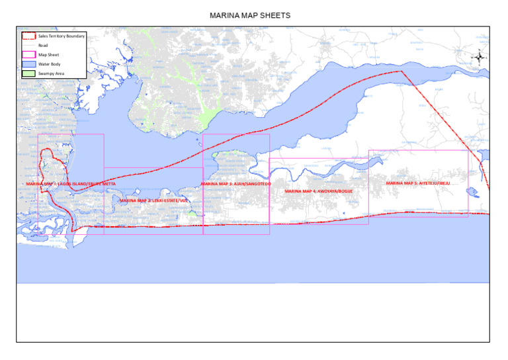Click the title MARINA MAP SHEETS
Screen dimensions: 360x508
coord(249,15)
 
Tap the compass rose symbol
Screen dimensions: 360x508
coord(479,58)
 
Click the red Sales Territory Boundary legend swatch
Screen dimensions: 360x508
coord(28,36)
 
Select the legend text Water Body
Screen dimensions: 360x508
coord(49,64)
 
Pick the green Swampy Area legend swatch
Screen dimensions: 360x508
coord(28,73)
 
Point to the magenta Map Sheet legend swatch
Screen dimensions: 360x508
coord(28,54)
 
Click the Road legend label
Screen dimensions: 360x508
coord(43,45)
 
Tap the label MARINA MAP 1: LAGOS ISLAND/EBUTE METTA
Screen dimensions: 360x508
coord(71,183)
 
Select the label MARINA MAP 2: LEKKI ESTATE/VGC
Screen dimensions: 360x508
coord(153,200)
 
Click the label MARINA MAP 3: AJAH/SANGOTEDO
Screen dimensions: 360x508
coord(235,183)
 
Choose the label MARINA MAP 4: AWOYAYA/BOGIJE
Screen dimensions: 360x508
coord(318,191)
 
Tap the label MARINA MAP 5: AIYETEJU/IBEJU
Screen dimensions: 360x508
coord(418,183)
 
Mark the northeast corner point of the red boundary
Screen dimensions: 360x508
coord(401,71)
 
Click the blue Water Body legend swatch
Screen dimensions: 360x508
coord(28,64)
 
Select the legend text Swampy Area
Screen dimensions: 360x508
coord(51,73)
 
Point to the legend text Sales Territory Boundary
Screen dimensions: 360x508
coord(62,36)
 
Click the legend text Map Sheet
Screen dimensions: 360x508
coord(48,54)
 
